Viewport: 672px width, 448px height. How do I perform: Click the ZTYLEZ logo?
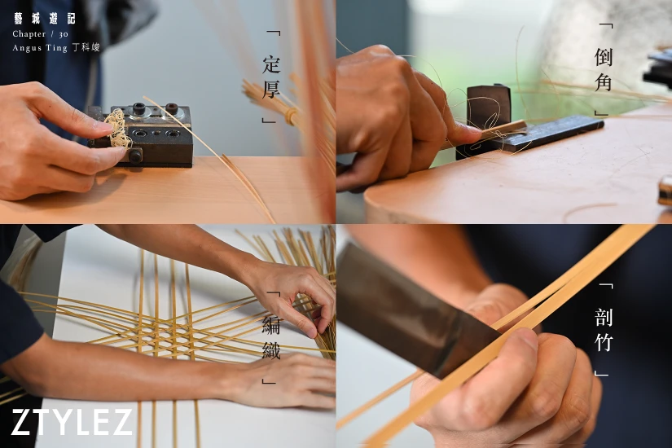[x=71, y=422]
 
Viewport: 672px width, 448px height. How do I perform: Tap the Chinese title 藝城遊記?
[x=45, y=19]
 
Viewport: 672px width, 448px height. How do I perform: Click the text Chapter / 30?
[x=40, y=34]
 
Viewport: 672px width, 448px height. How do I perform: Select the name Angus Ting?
[x=40, y=48]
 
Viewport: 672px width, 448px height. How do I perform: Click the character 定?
[x=271, y=64]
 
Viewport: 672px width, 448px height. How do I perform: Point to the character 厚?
[x=271, y=89]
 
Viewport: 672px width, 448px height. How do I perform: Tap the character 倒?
[x=603, y=56]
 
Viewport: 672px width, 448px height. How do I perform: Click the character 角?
[x=603, y=81]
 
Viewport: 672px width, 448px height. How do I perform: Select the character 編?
[x=271, y=325]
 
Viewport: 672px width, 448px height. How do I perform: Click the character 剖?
[x=604, y=317]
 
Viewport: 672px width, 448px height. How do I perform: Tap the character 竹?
[x=604, y=341]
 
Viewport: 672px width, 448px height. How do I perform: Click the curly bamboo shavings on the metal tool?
[x=116, y=128]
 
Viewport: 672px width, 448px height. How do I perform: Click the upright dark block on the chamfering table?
[x=489, y=107]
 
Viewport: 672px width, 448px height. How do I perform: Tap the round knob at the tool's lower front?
[x=135, y=156]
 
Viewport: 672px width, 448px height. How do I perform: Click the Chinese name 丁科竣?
[x=86, y=47]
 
